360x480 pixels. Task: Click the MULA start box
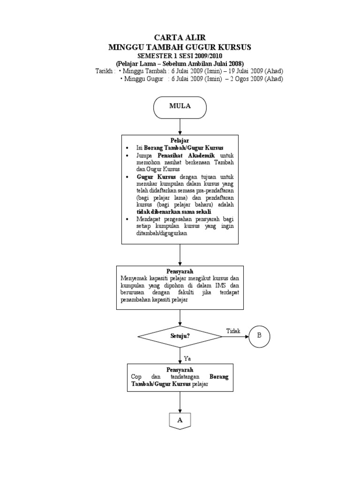(180, 106)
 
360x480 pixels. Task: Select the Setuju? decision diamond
(180, 336)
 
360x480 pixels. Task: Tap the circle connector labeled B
(260, 336)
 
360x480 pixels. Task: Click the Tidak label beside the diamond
(233, 331)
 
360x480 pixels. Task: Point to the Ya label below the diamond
(187, 358)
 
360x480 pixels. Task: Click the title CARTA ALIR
(180, 37)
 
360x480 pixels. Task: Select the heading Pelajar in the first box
(180, 140)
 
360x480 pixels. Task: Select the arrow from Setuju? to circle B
(234, 336)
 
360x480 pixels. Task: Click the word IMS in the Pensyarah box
(221, 285)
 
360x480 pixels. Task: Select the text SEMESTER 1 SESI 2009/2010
(180, 56)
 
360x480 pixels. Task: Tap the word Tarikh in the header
(103, 71)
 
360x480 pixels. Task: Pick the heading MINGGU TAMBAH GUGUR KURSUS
(180, 47)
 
